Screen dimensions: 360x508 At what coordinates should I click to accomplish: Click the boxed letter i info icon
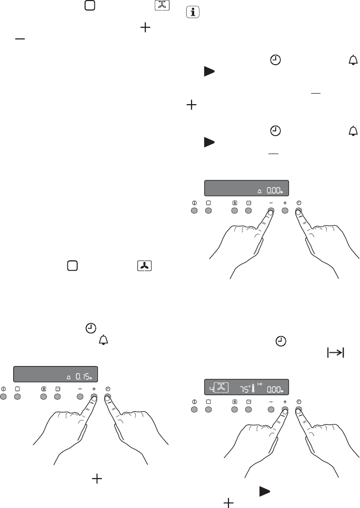(193, 12)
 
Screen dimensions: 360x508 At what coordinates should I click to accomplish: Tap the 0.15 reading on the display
(83, 377)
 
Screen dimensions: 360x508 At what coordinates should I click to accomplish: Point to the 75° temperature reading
(245, 389)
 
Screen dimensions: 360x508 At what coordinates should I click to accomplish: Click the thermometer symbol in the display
(253, 388)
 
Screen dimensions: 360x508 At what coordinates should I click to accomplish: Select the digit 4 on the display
(211, 389)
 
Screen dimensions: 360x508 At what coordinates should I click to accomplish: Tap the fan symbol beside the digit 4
(221, 388)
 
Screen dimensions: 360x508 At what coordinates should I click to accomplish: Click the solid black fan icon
(144, 266)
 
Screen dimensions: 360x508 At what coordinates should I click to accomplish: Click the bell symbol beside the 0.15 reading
(68, 378)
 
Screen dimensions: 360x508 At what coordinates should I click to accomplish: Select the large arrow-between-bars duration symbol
(335, 352)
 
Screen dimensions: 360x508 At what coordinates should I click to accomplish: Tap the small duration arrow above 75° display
(259, 384)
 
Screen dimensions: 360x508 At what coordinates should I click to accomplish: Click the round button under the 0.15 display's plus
(94, 397)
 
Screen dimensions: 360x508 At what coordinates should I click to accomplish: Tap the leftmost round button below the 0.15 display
(3, 397)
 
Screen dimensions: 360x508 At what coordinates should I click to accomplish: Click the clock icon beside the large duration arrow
(281, 341)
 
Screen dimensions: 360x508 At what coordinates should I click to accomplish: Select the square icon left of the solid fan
(72, 266)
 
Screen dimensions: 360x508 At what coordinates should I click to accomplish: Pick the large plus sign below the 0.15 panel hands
(97, 479)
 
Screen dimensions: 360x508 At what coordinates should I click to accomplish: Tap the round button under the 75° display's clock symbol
(299, 410)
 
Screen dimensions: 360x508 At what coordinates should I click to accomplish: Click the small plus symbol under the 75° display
(285, 402)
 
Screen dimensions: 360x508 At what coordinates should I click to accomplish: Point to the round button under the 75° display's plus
(285, 410)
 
